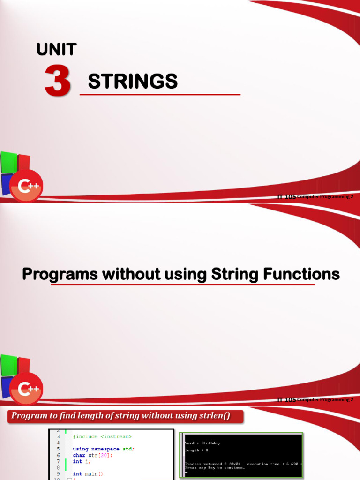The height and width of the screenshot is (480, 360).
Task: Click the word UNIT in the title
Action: pyautogui.click(x=56, y=49)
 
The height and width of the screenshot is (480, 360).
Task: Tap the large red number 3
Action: pyautogui.click(x=58, y=81)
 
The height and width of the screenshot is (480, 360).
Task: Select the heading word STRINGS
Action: pyautogui.click(x=133, y=82)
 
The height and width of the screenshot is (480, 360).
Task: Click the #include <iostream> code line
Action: pyautogui.click(x=102, y=436)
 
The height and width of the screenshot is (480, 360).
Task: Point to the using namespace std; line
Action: pyautogui.click(x=104, y=449)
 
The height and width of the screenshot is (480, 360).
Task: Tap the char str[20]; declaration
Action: pyautogui.click(x=93, y=455)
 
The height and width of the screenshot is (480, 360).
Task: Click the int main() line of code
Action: pyautogui.click(x=88, y=474)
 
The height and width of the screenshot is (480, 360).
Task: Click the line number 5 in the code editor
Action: pyautogui.click(x=58, y=449)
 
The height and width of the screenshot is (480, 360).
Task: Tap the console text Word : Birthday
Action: pyautogui.click(x=202, y=443)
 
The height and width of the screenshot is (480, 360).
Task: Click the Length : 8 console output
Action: pyautogui.click(x=197, y=450)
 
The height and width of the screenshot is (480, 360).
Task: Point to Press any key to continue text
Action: pyautogui.click(x=215, y=467)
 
